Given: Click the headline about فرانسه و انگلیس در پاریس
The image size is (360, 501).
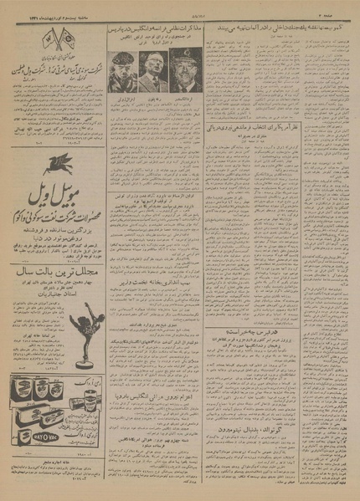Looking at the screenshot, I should point(152,30).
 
